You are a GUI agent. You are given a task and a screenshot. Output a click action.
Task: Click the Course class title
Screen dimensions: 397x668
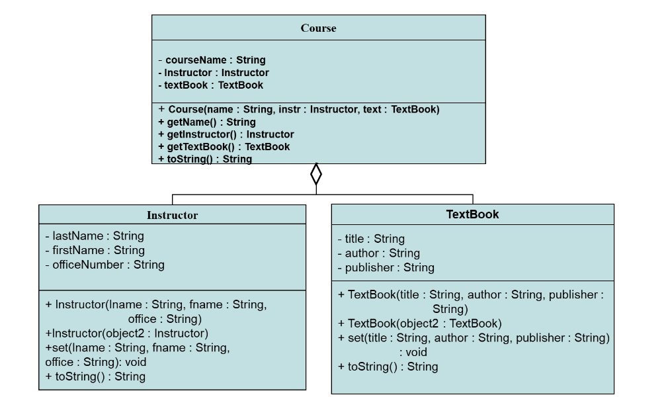point(318,28)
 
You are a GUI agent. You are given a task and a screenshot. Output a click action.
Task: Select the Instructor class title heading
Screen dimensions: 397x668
point(172,215)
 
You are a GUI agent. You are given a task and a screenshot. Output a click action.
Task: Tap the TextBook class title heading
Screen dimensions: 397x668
point(472,214)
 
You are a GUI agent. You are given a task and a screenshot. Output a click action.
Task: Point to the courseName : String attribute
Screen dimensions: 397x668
point(212,60)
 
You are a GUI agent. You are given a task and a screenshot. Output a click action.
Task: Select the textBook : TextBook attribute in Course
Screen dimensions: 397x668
point(210,85)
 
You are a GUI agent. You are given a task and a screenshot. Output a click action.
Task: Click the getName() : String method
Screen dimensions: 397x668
point(206,122)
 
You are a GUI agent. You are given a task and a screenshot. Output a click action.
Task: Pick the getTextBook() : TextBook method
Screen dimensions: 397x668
point(224,147)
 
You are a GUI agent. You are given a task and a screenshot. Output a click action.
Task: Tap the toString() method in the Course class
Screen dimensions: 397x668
point(205,159)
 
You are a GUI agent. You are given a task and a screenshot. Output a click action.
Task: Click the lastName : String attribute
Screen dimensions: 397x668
point(95,236)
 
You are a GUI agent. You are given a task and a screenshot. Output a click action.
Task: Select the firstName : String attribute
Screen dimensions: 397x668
point(95,250)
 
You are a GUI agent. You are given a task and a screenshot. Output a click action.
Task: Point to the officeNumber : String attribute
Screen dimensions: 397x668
point(104,265)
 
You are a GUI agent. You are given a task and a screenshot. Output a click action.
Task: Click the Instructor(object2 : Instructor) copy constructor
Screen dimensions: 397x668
point(126,333)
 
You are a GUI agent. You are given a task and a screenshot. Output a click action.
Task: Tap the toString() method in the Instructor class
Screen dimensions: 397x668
point(95,376)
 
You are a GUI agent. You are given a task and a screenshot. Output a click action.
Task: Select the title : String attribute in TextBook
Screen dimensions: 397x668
point(370,239)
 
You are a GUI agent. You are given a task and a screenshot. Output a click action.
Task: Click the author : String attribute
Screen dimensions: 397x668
point(378,253)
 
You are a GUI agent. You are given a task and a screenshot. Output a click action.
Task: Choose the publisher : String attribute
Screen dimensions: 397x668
point(386,268)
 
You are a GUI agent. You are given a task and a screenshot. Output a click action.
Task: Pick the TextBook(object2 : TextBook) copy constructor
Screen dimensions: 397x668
point(419,324)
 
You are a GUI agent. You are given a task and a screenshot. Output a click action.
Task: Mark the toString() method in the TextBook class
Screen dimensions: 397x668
point(388,367)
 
